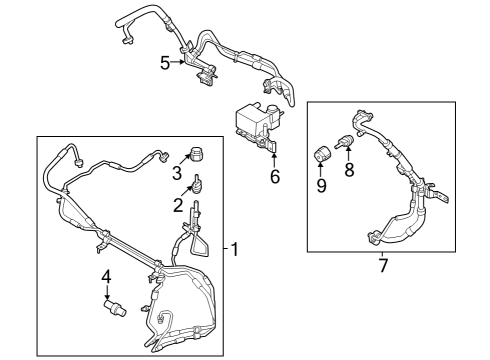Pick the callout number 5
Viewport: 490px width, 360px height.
click(166, 62)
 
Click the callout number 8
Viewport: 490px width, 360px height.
click(349, 170)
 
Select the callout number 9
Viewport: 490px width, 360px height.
click(321, 186)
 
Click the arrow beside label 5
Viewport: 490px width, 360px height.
click(180, 62)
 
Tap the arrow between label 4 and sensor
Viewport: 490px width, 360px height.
click(107, 291)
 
